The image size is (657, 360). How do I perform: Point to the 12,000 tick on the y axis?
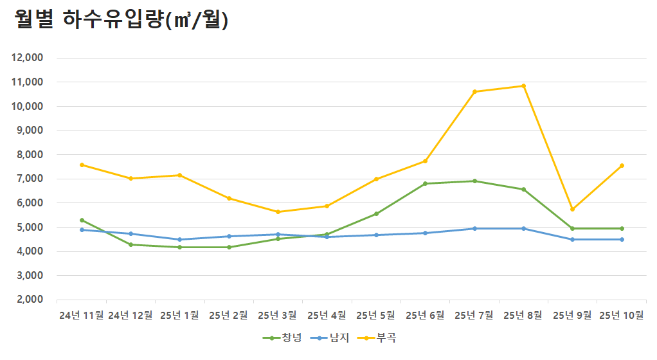(x=27, y=58)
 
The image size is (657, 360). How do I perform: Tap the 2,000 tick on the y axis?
(x=29, y=300)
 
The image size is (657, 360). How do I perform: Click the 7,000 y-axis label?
(x=29, y=179)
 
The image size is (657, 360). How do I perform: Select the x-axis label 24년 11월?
(x=81, y=315)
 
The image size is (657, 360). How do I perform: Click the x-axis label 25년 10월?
(x=622, y=315)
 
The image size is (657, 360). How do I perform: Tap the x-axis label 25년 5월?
(x=376, y=315)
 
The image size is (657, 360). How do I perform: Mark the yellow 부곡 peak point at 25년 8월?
(x=523, y=85)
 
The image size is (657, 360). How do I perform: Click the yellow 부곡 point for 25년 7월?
(x=474, y=91)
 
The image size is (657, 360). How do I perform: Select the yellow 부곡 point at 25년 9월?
(x=572, y=209)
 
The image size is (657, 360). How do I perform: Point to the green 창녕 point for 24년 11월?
(x=82, y=220)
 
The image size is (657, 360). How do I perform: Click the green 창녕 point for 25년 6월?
(x=425, y=183)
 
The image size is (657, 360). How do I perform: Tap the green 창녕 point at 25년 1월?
(x=179, y=247)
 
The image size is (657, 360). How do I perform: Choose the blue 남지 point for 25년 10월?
(x=622, y=239)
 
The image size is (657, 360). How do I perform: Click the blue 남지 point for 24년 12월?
(x=130, y=233)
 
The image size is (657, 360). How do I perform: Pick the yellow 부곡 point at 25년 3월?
(x=278, y=212)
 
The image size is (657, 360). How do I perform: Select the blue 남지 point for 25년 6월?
(x=425, y=233)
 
